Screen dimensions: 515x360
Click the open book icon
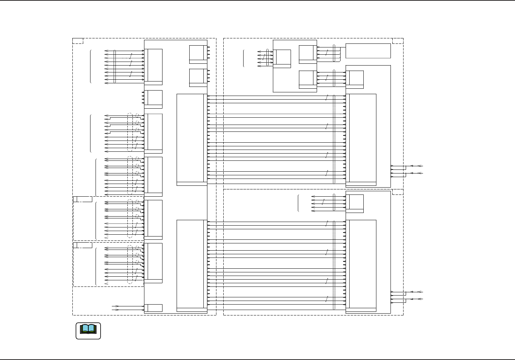tap(88, 330)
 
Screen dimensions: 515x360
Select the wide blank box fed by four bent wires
tap(368, 51)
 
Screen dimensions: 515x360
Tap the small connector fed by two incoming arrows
tap(153, 308)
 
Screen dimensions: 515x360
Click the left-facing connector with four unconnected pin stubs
tap(153, 99)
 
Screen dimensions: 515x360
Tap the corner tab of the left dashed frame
tap(78, 41)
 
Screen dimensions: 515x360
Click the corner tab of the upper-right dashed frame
tap(398, 41)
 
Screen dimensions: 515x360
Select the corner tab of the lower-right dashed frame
tap(398, 192)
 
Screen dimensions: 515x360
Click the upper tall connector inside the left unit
tap(191, 139)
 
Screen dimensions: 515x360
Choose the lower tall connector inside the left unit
tap(191, 265)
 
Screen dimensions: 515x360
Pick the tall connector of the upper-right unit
tap(361, 139)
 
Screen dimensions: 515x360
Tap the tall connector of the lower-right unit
tap(361, 265)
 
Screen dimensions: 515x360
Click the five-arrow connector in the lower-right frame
tap(355, 204)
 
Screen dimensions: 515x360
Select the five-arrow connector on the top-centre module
tap(282, 58)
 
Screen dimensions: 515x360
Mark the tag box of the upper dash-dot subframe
tap(83, 199)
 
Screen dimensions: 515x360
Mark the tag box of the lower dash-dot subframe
tap(83, 245)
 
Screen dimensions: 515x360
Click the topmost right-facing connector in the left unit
tap(198, 54)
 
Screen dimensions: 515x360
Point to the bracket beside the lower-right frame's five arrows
tap(299, 204)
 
